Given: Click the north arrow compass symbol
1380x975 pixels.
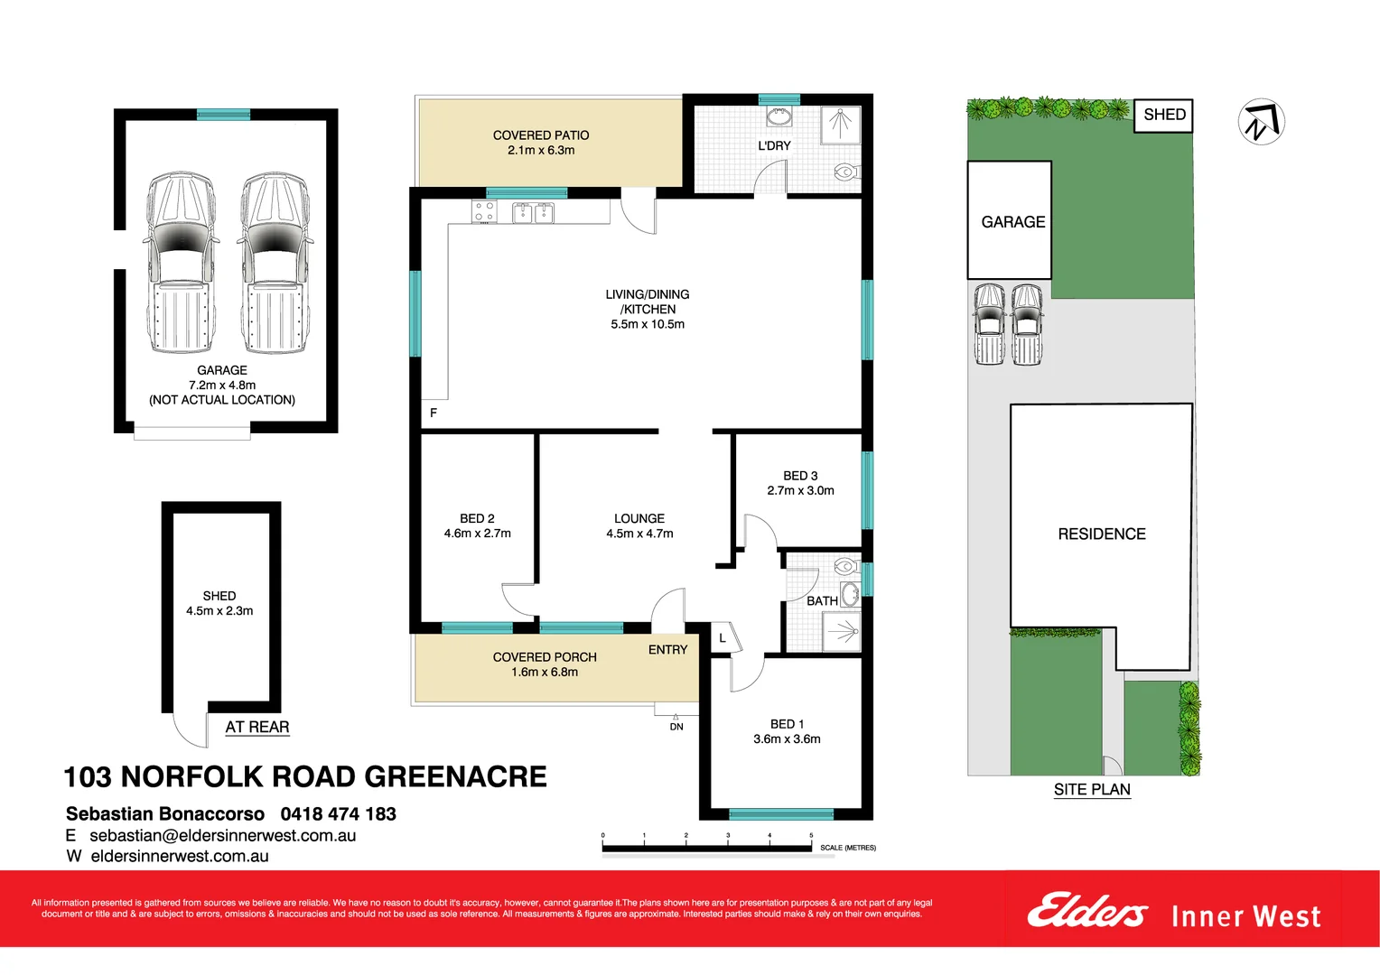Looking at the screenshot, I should coord(1261,121).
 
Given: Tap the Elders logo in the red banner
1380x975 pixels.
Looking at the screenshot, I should coord(1086,911).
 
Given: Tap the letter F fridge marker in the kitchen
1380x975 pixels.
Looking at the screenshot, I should coord(434,413).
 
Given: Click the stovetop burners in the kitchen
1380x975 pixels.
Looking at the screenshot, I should coord(484,212).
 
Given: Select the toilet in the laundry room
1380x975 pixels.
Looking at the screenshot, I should coord(845,171).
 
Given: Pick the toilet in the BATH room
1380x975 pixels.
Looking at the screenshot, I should coord(845,566).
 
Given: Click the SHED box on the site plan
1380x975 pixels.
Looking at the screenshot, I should coord(1163,115).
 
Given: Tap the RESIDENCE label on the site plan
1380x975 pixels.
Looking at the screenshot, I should coord(1101,534).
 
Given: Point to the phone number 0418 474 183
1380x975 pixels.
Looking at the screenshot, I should coord(339,813).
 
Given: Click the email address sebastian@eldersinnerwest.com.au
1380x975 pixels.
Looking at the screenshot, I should coord(222,836).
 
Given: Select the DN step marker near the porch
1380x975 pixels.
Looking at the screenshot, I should coord(676,726).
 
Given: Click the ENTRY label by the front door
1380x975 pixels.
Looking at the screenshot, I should coord(667,650).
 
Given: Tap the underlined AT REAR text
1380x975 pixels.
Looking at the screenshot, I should coord(257,727).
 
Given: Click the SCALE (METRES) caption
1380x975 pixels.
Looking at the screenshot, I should coord(848,848).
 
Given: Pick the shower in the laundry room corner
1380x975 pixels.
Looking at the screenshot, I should coord(841,125).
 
